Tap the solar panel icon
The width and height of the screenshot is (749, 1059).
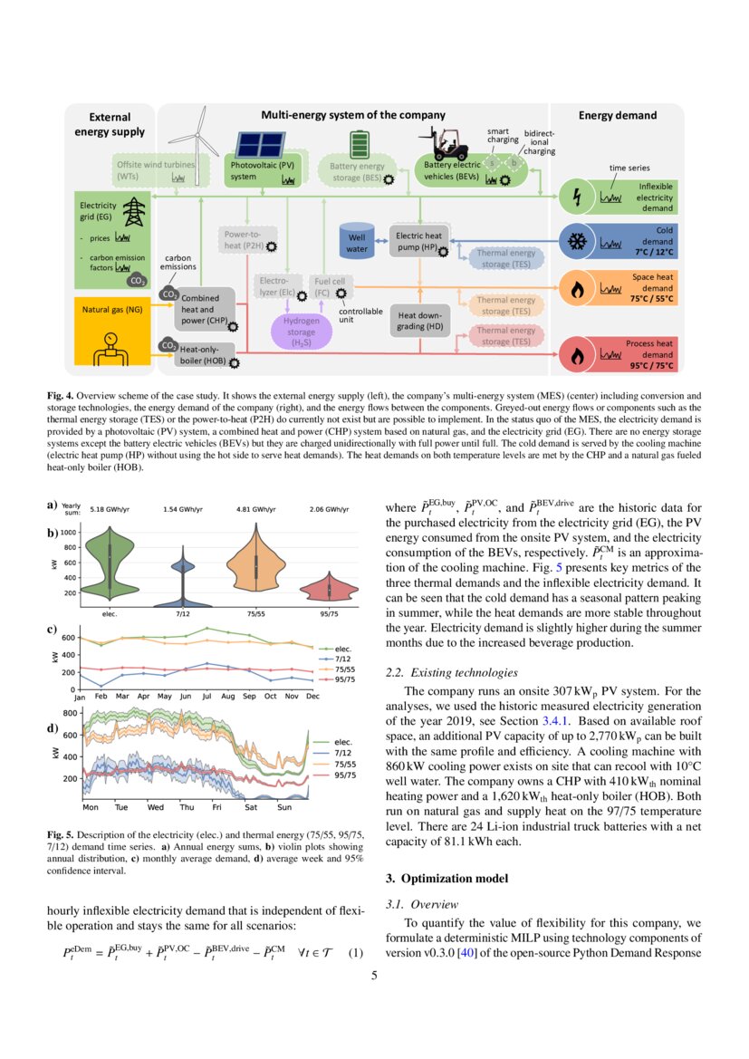(260, 145)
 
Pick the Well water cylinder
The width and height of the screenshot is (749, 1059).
(358, 239)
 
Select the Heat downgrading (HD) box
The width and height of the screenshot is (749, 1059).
(419, 321)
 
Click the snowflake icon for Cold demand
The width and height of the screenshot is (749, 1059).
(575, 242)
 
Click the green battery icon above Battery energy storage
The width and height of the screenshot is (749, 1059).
(360, 144)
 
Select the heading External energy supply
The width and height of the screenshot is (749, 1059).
(110, 124)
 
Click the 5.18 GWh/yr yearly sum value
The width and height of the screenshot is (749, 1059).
(110, 509)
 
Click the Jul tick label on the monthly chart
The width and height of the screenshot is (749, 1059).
(207, 697)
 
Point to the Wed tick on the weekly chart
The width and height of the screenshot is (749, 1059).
(156, 806)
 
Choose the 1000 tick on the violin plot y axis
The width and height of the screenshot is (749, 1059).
(69, 532)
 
